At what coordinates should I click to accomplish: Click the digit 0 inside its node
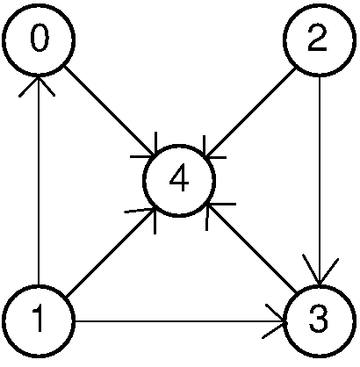tap(40, 38)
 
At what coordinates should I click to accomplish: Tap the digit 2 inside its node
tap(317, 38)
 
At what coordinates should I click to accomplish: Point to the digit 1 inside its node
tap(38, 318)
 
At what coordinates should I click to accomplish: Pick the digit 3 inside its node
tap(319, 319)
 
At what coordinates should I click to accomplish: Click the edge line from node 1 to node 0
tap(39, 179)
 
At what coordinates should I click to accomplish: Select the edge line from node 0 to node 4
tap(110, 111)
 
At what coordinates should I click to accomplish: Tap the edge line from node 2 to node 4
tap(250, 112)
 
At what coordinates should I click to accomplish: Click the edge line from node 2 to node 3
tap(320, 180)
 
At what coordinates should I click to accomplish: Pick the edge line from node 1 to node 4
tap(112, 252)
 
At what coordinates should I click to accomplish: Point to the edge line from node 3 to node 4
tap(252, 248)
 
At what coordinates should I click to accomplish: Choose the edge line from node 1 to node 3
tap(180, 322)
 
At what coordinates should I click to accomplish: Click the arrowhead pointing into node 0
tap(38, 84)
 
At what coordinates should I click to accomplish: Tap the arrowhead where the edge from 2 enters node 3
tap(320, 270)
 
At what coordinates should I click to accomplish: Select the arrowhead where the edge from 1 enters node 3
tap(275, 322)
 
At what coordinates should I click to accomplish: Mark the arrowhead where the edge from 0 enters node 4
tap(148, 148)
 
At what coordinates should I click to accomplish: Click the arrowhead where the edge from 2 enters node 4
tap(212, 150)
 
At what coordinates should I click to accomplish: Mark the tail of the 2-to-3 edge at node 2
tap(320, 76)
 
